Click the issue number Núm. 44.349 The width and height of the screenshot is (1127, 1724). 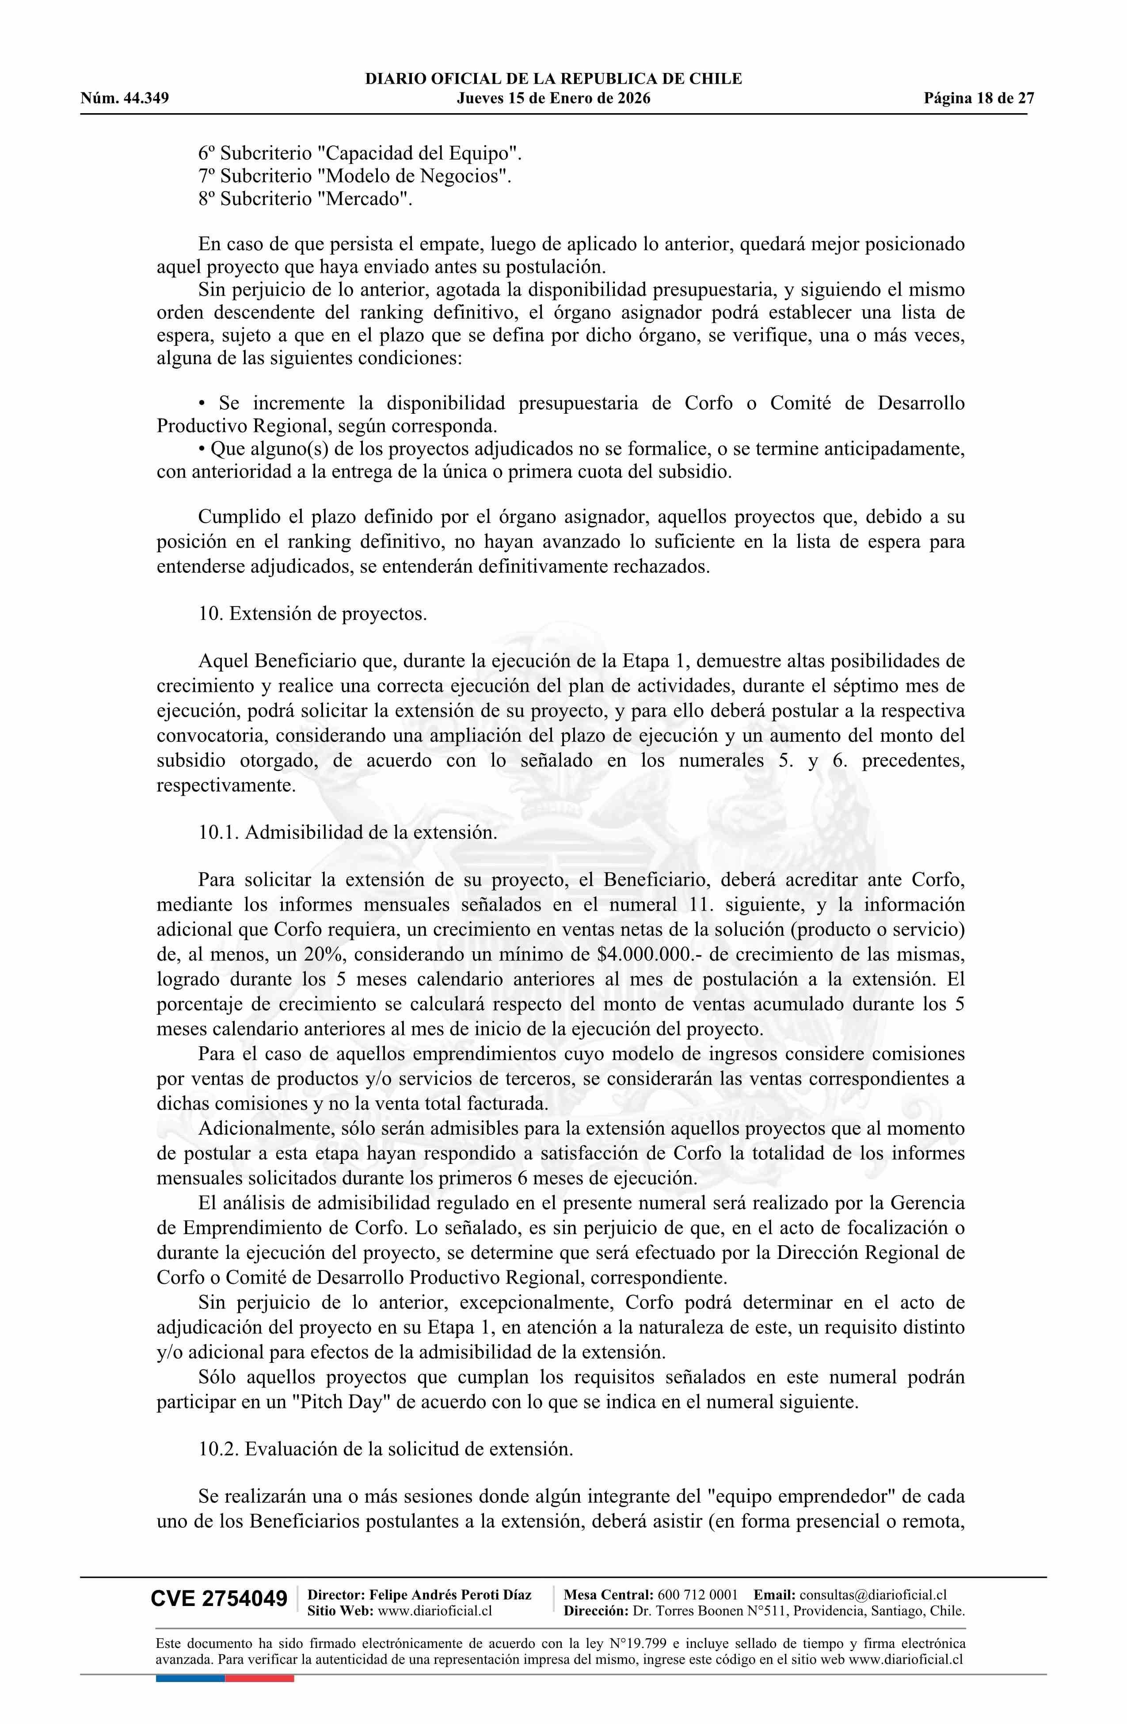click(x=125, y=99)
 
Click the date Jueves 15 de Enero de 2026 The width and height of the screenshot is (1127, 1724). click(x=553, y=99)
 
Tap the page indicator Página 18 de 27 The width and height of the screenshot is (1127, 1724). click(x=979, y=99)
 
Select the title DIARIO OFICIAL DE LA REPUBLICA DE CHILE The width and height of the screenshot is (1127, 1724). click(x=553, y=79)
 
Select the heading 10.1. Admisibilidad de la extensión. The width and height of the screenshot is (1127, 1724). click(x=348, y=831)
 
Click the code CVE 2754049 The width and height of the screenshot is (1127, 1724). click(x=219, y=1599)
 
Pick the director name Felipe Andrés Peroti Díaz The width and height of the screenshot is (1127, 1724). click(x=450, y=1594)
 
